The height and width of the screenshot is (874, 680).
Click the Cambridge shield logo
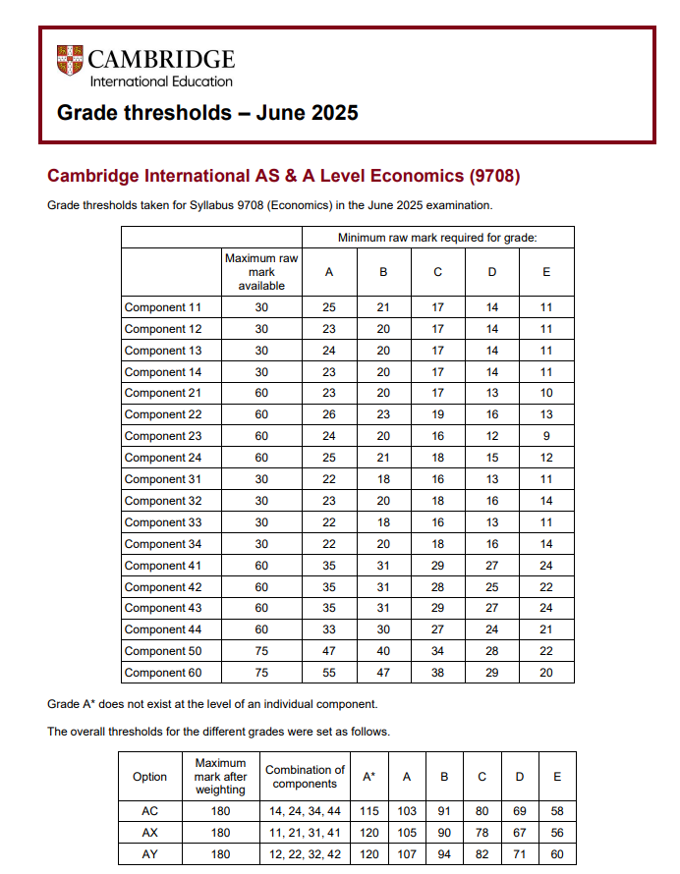coord(70,61)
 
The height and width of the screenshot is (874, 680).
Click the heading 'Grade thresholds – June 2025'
coord(207,113)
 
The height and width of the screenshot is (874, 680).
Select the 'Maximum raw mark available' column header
coord(261,272)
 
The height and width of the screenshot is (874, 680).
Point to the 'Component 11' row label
coord(163,307)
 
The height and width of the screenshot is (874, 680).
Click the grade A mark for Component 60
coord(329,673)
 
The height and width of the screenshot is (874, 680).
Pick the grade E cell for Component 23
coord(546,436)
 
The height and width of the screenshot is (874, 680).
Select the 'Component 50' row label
coord(163,651)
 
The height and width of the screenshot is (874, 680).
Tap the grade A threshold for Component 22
coord(329,414)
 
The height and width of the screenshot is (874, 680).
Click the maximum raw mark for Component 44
coord(261,629)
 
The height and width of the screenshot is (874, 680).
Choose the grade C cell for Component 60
coord(438,673)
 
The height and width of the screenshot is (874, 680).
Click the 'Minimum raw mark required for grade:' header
coord(437,238)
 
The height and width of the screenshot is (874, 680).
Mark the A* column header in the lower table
coord(368,776)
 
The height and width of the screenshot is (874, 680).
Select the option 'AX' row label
coord(149,833)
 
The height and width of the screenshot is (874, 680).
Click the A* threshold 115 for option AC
coord(368,811)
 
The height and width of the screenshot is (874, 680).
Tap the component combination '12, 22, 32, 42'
coord(305,854)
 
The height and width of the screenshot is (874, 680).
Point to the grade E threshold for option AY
coord(557,854)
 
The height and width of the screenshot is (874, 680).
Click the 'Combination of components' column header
coord(305,776)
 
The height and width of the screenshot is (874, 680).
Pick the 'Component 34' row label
coord(163,544)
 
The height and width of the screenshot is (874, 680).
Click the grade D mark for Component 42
coord(492,587)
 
